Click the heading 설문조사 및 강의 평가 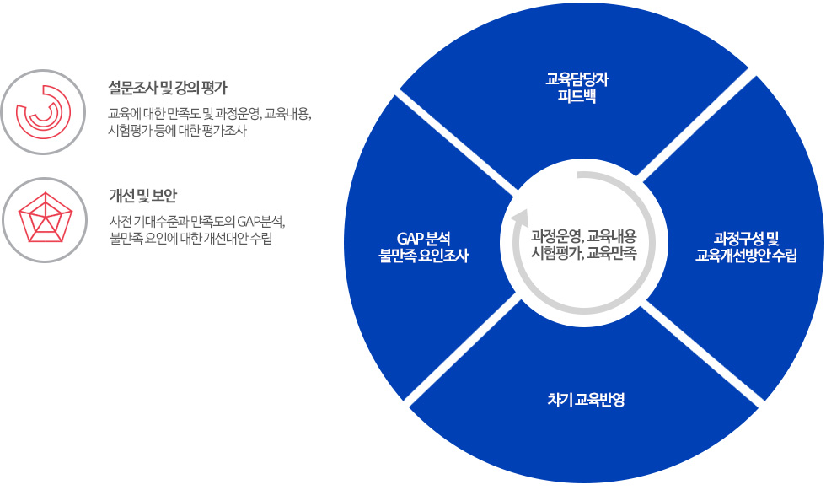coord(168,88)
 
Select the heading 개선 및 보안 coord(142,196)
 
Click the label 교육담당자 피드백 coord(577,88)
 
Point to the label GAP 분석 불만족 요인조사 coord(423,247)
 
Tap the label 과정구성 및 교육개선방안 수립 coord(746,247)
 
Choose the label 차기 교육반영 coord(586,400)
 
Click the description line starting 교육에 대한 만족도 coord(210,114)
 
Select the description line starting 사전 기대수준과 coord(197,221)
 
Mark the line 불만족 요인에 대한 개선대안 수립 coord(190,239)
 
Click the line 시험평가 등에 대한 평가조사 coord(177,131)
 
